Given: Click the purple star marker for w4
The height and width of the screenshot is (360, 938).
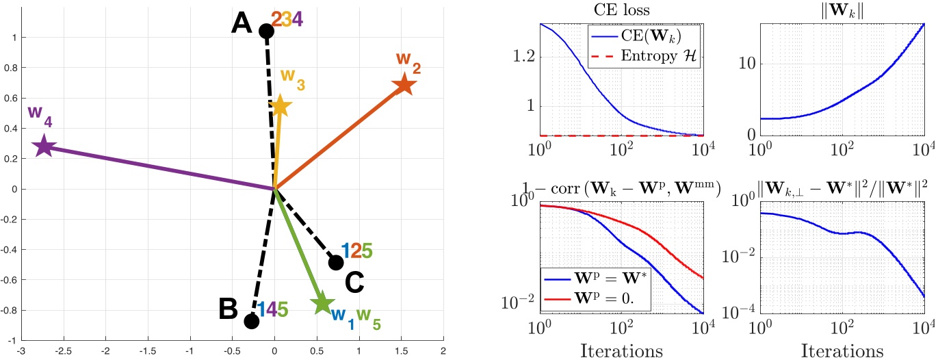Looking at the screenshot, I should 44,146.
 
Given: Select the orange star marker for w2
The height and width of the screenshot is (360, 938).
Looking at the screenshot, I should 404,86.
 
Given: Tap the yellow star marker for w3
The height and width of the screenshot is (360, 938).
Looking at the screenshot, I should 280,106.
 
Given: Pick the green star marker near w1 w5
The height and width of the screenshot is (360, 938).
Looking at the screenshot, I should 322,303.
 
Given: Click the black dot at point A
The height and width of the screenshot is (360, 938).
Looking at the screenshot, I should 266,31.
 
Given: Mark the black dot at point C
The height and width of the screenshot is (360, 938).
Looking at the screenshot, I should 336,262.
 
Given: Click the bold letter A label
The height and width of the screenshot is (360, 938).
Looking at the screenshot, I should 242,25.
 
